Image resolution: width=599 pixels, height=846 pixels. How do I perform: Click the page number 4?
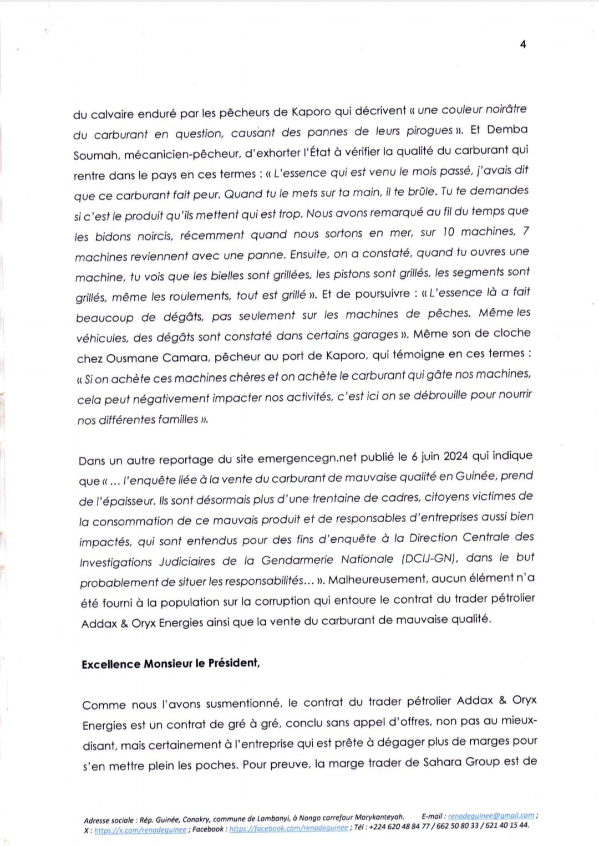(x=523, y=44)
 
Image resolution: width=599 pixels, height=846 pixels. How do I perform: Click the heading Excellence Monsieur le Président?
(x=170, y=664)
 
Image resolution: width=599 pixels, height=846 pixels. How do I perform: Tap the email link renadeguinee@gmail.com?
(x=491, y=816)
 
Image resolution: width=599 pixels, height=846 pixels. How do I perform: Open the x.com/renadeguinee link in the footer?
(x=140, y=830)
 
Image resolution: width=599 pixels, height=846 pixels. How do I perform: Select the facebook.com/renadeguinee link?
(x=288, y=828)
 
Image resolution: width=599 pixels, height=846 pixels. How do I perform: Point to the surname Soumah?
(x=91, y=156)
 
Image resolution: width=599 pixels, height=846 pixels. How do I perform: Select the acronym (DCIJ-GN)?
(x=429, y=559)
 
